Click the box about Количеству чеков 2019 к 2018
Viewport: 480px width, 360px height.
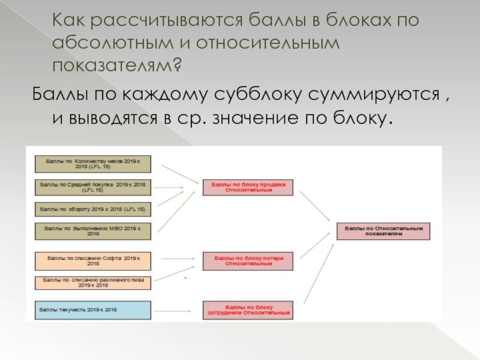click(92, 164)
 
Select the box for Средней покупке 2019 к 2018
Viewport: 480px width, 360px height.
click(92, 187)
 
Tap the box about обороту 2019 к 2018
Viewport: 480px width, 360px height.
click(92, 209)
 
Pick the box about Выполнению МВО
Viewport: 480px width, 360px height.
click(92, 231)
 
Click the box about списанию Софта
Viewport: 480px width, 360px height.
click(92, 260)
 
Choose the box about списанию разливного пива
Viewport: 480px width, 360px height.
click(92, 283)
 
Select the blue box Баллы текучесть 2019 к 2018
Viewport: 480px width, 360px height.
click(92, 310)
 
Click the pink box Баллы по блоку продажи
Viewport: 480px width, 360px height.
click(248, 187)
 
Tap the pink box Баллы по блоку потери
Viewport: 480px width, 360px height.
click(248, 261)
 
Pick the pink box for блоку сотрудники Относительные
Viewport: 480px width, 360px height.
click(248, 310)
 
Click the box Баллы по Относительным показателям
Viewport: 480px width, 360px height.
click(383, 231)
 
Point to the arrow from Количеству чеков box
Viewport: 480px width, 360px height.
click(179, 173)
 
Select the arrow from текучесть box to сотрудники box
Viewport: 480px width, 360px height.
click(176, 310)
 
